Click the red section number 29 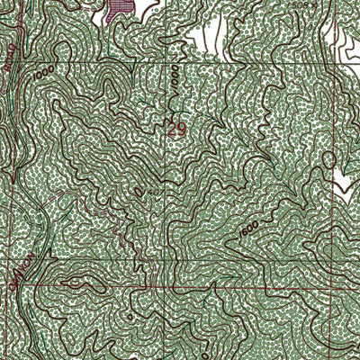click(177, 130)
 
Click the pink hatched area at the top click(118, 9)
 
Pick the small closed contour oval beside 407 click(138, 191)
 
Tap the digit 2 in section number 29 click(173, 130)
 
